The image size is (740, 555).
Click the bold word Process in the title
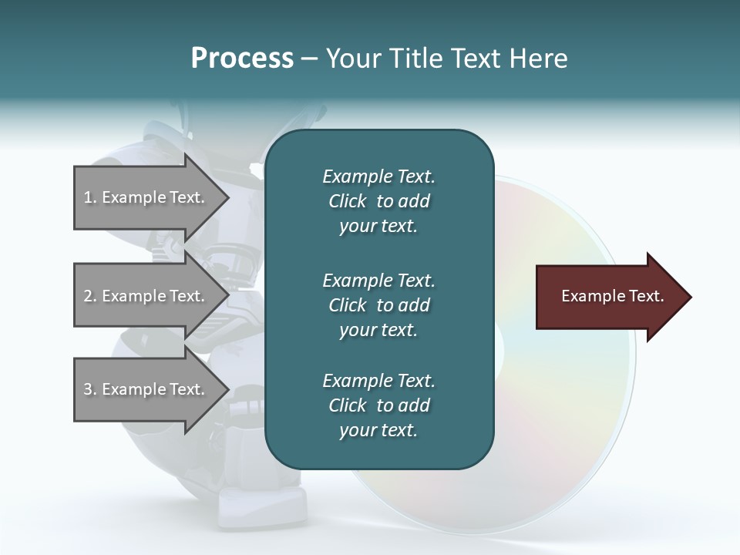click(x=242, y=59)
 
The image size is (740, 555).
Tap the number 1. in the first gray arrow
click(x=90, y=197)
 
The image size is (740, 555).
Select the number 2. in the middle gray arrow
click(x=90, y=296)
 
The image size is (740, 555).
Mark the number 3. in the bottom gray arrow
click(x=90, y=389)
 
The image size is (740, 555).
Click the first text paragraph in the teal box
click(x=378, y=201)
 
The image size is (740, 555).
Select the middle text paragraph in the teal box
click(x=378, y=304)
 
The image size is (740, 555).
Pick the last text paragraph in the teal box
click(x=378, y=405)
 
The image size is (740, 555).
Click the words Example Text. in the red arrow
click(x=613, y=296)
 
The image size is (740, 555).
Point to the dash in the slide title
click(x=309, y=59)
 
